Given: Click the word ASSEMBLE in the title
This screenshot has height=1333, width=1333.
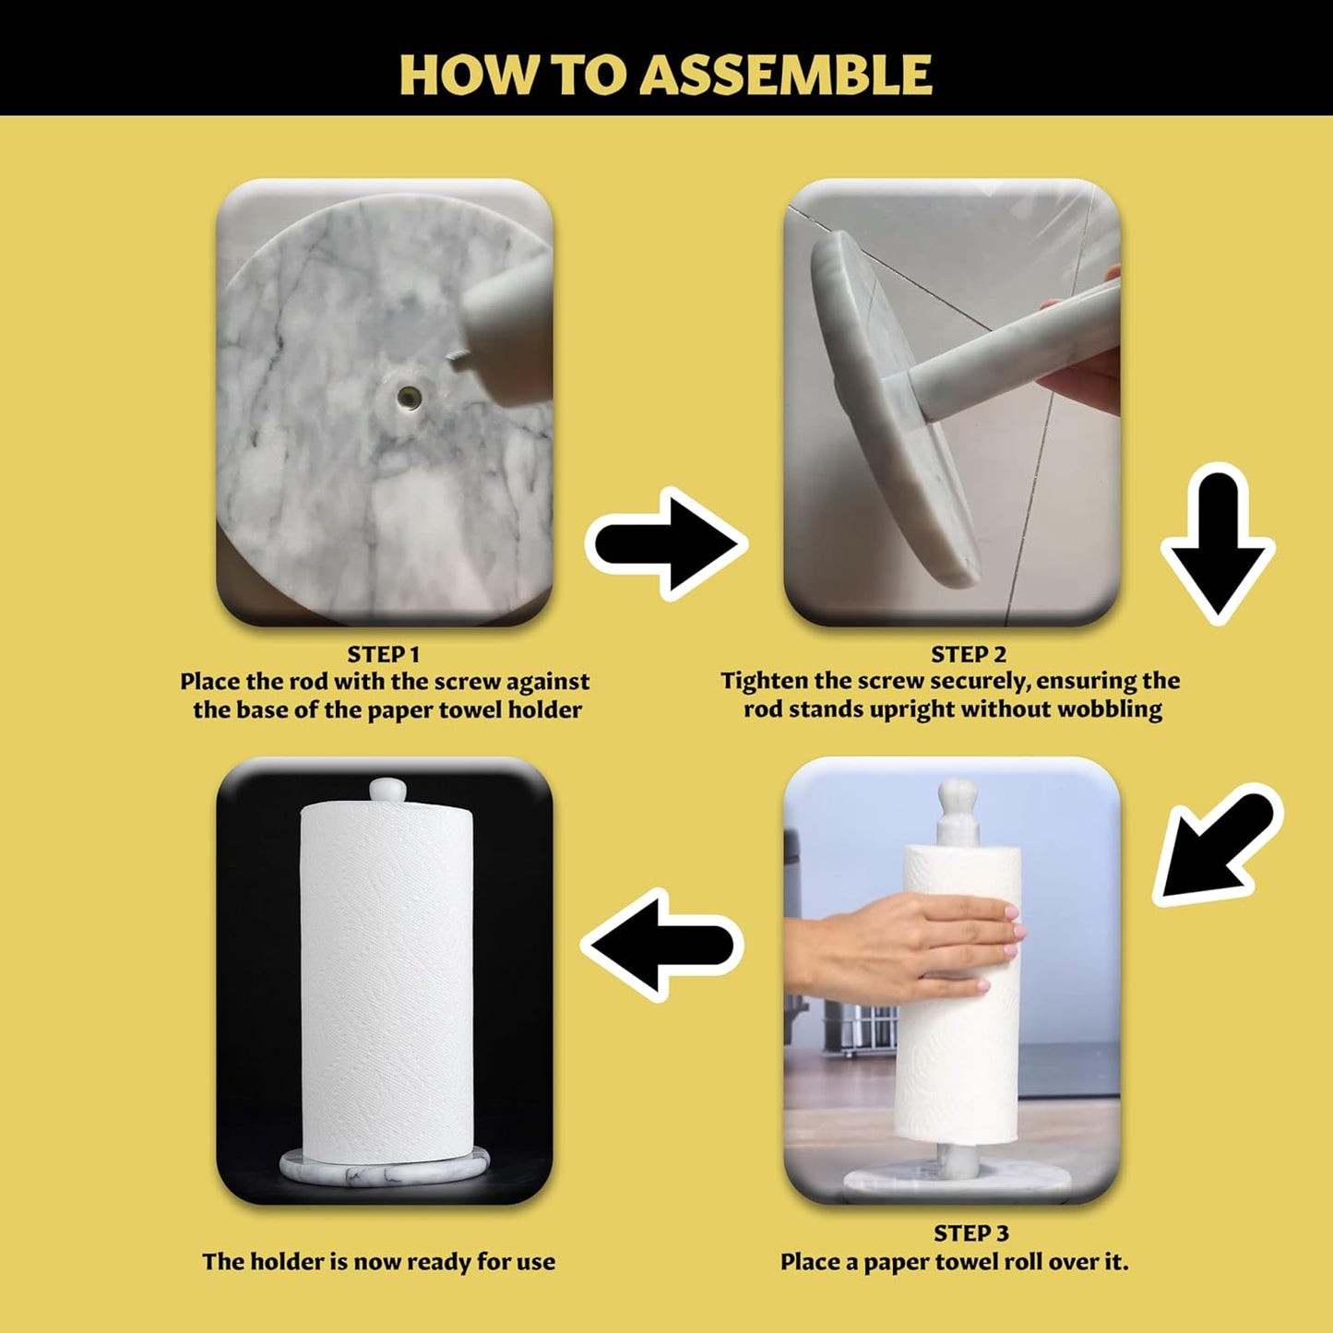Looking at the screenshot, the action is tap(785, 75).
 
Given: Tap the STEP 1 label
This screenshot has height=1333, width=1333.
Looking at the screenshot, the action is tap(383, 654).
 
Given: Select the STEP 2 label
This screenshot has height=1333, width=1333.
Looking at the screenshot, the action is tap(969, 654).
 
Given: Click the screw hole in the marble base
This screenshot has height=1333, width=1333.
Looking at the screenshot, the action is tap(408, 397).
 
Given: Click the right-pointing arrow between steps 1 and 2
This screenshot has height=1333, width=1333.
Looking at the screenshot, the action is tap(666, 544).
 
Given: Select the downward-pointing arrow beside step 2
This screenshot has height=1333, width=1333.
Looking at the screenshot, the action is tap(1218, 543).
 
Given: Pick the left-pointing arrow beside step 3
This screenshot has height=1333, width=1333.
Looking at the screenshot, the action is tap(662, 945).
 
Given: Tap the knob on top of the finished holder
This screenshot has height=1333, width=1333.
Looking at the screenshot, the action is tap(387, 791).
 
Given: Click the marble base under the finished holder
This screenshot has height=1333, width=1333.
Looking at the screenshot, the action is tap(384, 1168).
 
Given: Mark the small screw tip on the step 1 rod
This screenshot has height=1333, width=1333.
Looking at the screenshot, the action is tap(454, 357).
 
